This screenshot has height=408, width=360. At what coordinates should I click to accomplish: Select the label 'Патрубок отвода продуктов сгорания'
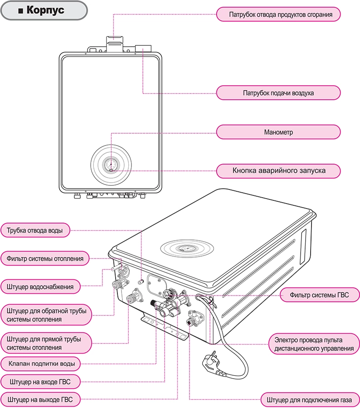point(278,15)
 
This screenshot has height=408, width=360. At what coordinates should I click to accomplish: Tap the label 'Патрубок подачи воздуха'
point(278,93)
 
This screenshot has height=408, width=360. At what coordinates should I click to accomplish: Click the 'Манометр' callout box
point(278,132)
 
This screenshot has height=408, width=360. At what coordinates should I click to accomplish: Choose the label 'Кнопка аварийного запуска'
point(278,171)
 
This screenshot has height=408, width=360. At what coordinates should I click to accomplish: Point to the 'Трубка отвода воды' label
point(35,230)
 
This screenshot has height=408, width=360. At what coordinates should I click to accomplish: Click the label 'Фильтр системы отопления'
point(45,259)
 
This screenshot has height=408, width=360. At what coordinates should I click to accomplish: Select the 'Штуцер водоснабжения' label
point(40,287)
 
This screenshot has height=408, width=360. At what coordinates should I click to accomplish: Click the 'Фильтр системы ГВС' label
point(320,295)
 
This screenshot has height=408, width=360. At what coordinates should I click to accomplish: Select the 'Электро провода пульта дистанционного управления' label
point(314,344)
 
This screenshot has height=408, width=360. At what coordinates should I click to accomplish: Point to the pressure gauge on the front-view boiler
point(111,164)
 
